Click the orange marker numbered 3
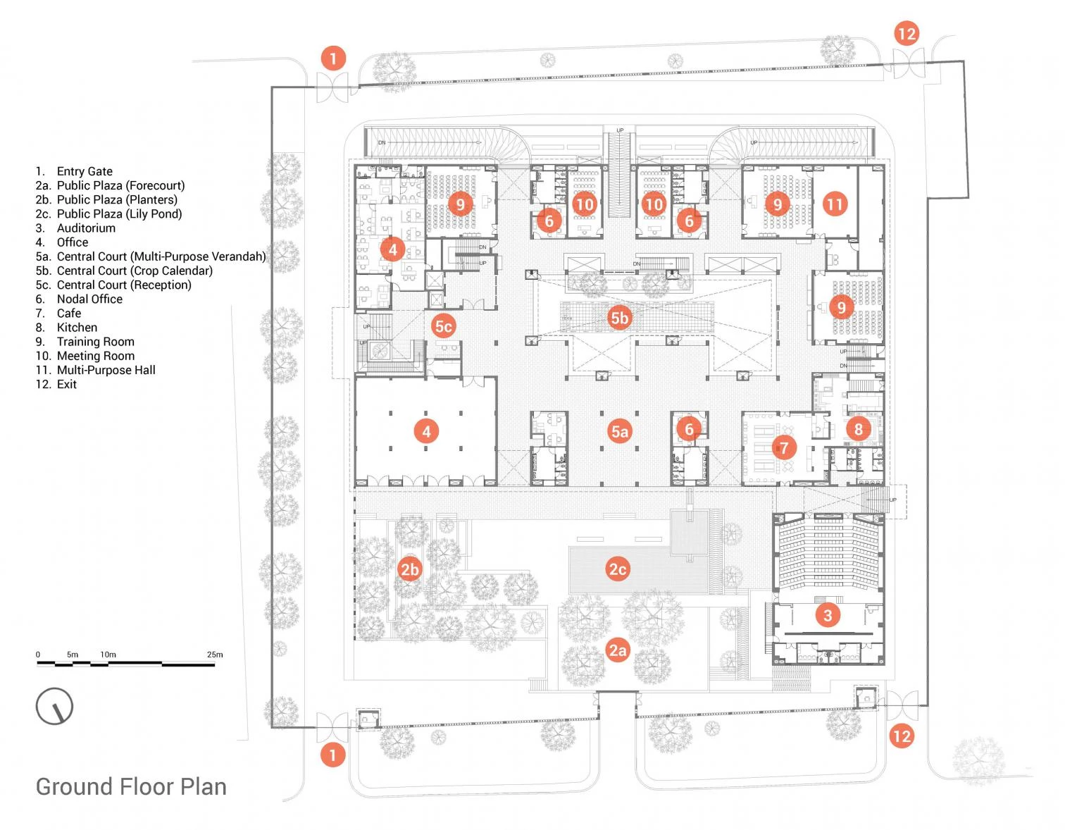pyautogui.click(x=828, y=615)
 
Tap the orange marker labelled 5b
pyautogui.click(x=619, y=318)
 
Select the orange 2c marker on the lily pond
pyautogui.click(x=618, y=569)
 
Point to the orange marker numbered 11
pyautogui.click(x=835, y=204)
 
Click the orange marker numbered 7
pyautogui.click(x=783, y=447)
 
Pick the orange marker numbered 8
pyautogui.click(x=858, y=428)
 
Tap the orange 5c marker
pyautogui.click(x=443, y=326)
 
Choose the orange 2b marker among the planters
pyautogui.click(x=409, y=569)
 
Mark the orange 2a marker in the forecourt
pyautogui.click(x=618, y=650)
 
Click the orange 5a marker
pyautogui.click(x=619, y=431)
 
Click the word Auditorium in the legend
pyautogui.click(x=86, y=228)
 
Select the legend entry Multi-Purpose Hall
pyautogui.click(x=106, y=370)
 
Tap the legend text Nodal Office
pyautogui.click(x=89, y=299)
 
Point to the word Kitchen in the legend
pyautogui.click(x=77, y=328)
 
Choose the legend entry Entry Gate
pyautogui.click(x=85, y=171)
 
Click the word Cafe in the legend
pyautogui.click(x=69, y=314)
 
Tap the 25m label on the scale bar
pyautogui.click(x=215, y=655)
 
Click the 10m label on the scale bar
pyautogui.click(x=108, y=655)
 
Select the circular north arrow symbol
pyautogui.click(x=55, y=706)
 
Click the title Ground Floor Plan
pyautogui.click(x=131, y=787)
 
